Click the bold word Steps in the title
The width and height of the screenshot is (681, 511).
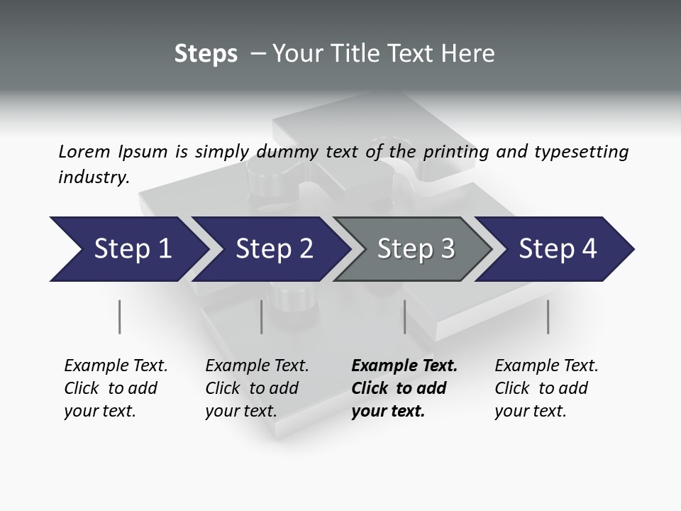[206, 54]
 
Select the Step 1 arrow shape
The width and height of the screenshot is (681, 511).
[128, 249]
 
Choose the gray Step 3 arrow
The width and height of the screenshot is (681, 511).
[415, 249]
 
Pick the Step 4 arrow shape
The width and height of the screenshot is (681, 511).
[557, 249]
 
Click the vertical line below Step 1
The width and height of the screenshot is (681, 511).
[119, 317]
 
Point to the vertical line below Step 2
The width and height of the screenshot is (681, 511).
[261, 317]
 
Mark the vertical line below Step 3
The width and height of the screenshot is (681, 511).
[404, 317]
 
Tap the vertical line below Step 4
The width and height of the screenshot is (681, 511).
[548, 317]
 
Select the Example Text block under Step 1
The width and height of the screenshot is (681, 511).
[115, 388]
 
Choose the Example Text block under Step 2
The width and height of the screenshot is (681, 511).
[256, 388]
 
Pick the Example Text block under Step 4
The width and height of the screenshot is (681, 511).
[546, 388]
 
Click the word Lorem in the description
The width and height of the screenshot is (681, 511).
[84, 151]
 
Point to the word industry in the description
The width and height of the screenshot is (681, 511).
[93, 177]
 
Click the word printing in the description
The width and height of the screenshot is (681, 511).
[458, 151]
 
